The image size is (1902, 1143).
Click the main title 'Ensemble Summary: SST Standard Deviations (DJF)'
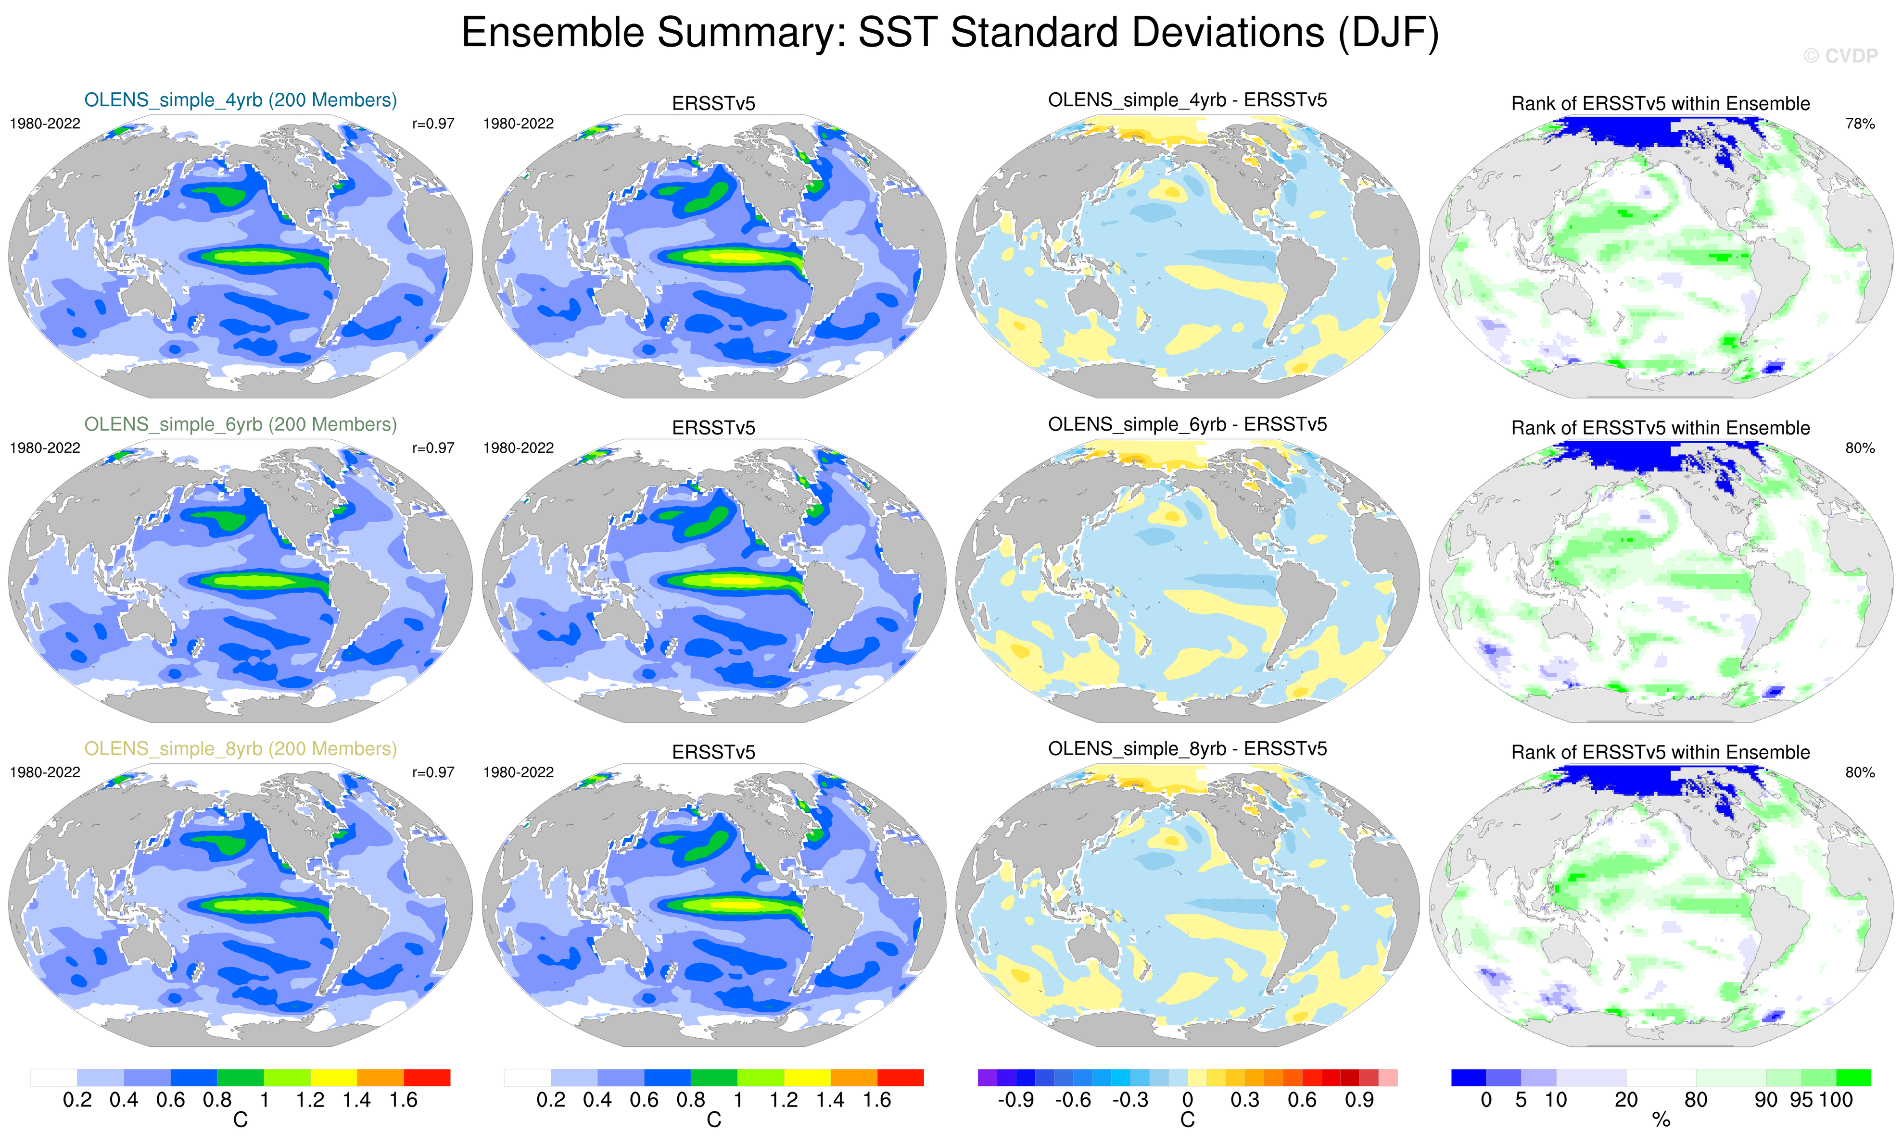coord(950,33)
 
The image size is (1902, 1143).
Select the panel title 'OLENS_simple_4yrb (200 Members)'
coord(241,100)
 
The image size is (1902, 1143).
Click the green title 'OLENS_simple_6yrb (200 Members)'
coord(241,424)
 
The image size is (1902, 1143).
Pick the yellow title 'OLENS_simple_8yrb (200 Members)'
coord(241,749)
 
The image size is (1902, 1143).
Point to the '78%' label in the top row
coord(1860,123)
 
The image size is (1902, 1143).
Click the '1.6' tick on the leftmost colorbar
coord(403,1100)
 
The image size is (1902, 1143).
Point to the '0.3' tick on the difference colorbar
coord(1244,1100)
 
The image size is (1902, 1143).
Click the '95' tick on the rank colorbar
coord(1801,1100)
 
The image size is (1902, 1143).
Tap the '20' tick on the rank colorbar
coord(1626,1100)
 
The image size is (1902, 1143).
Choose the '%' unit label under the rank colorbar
coord(1661,1121)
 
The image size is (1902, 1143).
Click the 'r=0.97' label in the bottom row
coord(433,772)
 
